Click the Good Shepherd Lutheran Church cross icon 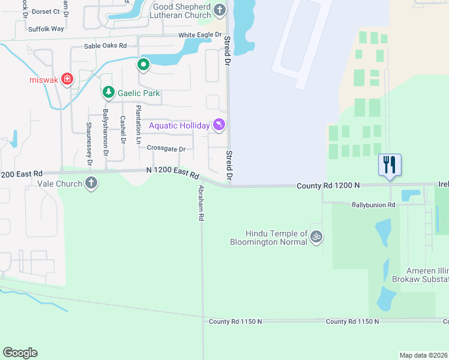(220, 10)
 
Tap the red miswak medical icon (67, 80)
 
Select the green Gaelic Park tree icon (108, 92)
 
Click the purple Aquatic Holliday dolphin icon (220, 125)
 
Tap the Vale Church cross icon (91, 183)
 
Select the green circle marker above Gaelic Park (143, 64)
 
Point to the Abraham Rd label (202, 203)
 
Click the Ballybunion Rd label (373, 205)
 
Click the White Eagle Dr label (200, 35)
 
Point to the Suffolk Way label (46, 28)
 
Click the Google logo (20, 353)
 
